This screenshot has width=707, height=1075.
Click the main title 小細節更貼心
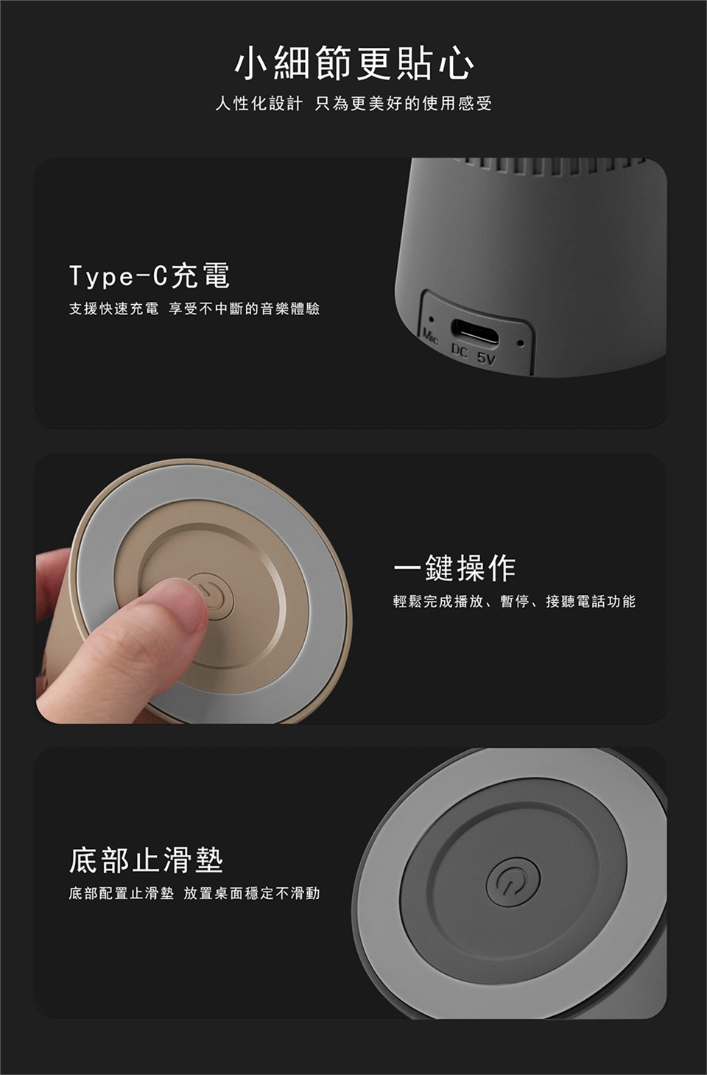pyautogui.click(x=354, y=63)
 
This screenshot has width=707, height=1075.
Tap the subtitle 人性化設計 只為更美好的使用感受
pyautogui.click(x=353, y=103)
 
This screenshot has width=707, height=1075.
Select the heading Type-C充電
pyautogui.click(x=150, y=276)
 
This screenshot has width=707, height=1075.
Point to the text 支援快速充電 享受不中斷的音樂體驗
pyautogui.click(x=194, y=309)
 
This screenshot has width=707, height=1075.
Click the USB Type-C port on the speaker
pyautogui.click(x=474, y=331)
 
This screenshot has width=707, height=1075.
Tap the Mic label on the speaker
pyautogui.click(x=431, y=337)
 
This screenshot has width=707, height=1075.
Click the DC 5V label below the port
pyautogui.click(x=474, y=356)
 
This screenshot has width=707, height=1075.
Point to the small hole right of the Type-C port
pyautogui.click(x=520, y=344)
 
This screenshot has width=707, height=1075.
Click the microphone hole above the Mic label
pyautogui.click(x=432, y=319)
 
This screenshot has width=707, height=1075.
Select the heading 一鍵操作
pyautogui.click(x=454, y=568)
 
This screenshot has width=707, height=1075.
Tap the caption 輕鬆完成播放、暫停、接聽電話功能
pyautogui.click(x=514, y=602)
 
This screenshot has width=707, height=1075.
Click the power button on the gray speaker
pyautogui.click(x=513, y=881)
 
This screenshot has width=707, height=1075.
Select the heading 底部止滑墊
pyautogui.click(x=147, y=860)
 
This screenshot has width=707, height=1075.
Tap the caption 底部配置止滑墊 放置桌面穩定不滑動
pyautogui.click(x=194, y=893)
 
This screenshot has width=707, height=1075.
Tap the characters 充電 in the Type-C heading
pyautogui.click(x=200, y=276)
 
